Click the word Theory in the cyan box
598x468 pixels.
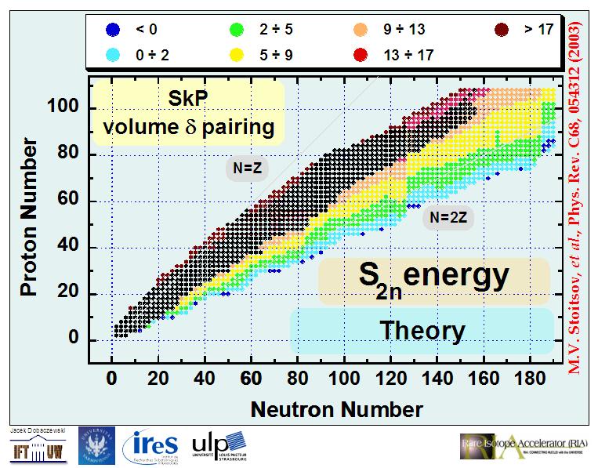click(x=422, y=330)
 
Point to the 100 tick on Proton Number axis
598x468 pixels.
click(x=68, y=107)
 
